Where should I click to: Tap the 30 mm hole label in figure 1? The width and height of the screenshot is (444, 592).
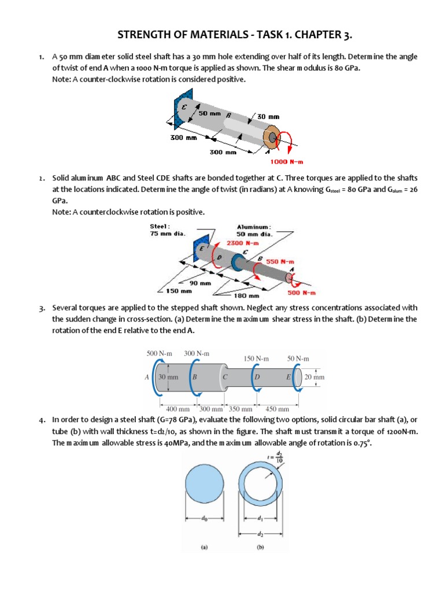[x=268, y=116]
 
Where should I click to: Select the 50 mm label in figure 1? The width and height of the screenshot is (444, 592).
[x=210, y=113]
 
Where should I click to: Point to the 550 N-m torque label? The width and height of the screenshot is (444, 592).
[x=280, y=261]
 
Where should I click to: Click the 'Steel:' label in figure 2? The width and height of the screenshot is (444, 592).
[x=160, y=227]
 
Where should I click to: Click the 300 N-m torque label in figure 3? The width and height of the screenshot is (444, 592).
[x=197, y=353]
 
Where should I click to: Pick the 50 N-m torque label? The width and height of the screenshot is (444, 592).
[x=298, y=358]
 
